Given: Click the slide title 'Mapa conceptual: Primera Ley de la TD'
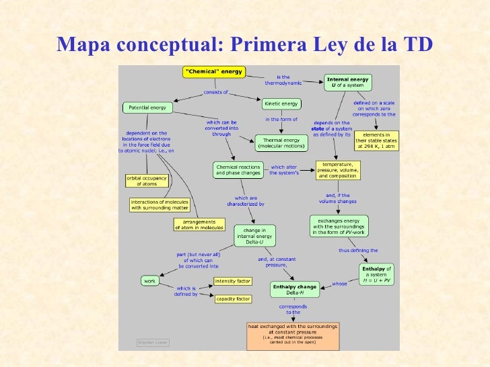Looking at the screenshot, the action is [x=245, y=44].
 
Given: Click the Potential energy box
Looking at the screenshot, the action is [x=148, y=107].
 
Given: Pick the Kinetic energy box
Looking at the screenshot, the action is [x=281, y=104].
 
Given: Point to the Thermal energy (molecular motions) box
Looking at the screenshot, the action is [x=281, y=142].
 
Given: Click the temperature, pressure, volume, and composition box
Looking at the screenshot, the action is [x=338, y=170].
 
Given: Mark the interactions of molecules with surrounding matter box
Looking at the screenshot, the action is [x=160, y=204].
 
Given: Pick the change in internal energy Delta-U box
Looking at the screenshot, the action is [x=254, y=236].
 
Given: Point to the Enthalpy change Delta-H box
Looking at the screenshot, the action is [x=293, y=290].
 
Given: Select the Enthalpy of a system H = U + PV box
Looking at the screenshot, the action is [x=376, y=274].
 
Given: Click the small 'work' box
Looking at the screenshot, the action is [x=149, y=280].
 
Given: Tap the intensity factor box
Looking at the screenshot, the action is [x=232, y=280].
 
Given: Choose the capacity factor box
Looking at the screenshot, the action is [x=233, y=298].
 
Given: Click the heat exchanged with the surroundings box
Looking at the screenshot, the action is [x=293, y=333].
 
